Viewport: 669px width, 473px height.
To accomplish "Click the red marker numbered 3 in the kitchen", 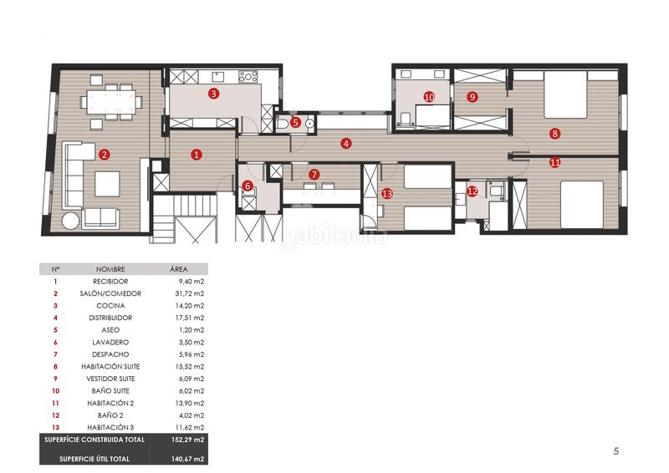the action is [x=214, y=94].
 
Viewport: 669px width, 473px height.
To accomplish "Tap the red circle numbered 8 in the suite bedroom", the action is [x=554, y=134].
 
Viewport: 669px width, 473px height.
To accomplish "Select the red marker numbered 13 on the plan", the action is [x=387, y=194].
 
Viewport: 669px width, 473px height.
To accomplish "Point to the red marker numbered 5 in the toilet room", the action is [x=295, y=123].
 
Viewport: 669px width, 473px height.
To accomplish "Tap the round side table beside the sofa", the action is [x=70, y=221].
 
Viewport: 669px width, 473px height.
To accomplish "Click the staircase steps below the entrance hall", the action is [x=164, y=218].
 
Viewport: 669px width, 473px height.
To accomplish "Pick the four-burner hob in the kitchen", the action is [x=248, y=77].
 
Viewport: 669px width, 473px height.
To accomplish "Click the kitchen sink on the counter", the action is [x=218, y=77].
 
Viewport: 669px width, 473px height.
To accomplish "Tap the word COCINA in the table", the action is [x=110, y=306].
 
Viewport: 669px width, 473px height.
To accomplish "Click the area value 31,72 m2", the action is [x=190, y=293].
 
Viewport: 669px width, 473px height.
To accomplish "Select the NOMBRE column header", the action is [x=110, y=269].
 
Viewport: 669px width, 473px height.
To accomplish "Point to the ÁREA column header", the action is [x=179, y=269].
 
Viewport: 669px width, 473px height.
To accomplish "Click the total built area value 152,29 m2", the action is [x=187, y=440].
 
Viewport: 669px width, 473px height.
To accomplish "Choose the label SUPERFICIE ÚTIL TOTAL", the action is [x=94, y=459].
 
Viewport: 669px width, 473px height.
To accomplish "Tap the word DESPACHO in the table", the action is [x=110, y=354].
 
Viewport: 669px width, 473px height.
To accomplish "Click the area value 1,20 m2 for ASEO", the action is [x=192, y=330].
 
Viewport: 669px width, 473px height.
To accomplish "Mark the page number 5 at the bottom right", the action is [x=615, y=450].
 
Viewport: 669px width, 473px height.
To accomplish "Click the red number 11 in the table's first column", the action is [x=55, y=403].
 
